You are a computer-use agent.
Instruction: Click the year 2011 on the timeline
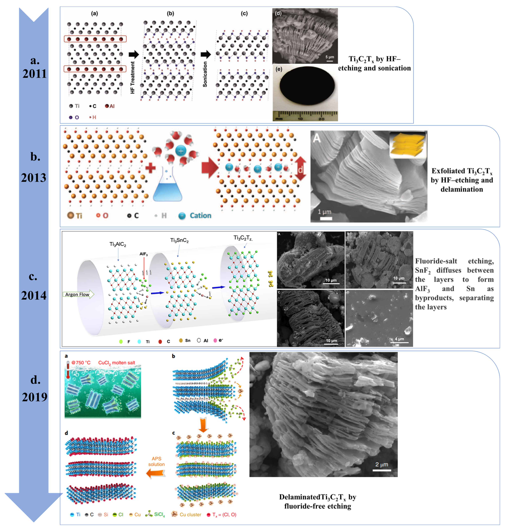[34, 74]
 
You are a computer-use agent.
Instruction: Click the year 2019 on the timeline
[34, 397]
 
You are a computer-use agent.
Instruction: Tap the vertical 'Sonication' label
[205, 74]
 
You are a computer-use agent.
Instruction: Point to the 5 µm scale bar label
[330, 57]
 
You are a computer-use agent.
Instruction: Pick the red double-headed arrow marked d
[300, 169]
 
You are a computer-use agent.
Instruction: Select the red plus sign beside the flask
[150, 168]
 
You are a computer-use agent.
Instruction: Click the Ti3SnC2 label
[179, 240]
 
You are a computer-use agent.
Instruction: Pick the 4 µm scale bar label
[399, 339]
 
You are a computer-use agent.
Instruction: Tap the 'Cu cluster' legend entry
[190, 514]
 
